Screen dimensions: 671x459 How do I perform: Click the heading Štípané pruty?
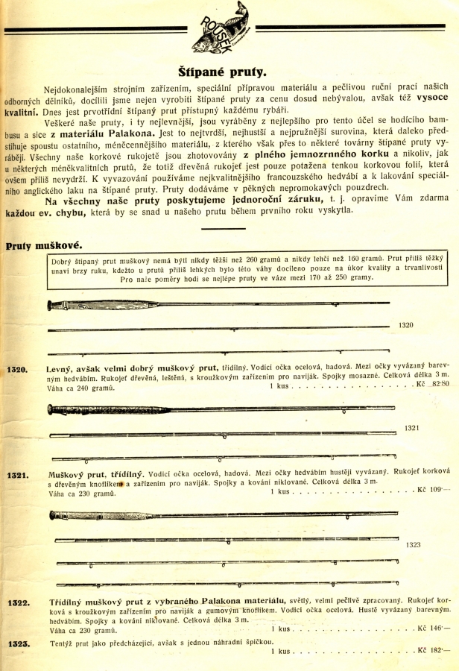point(229,72)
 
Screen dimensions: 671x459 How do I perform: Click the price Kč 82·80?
point(434,385)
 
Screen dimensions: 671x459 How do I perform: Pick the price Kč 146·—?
point(434,629)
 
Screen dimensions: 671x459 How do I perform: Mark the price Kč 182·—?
point(434,650)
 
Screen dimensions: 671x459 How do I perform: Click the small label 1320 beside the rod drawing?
point(406,325)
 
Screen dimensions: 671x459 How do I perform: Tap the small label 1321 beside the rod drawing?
point(412,427)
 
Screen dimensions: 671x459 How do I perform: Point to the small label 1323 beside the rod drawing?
point(414,545)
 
